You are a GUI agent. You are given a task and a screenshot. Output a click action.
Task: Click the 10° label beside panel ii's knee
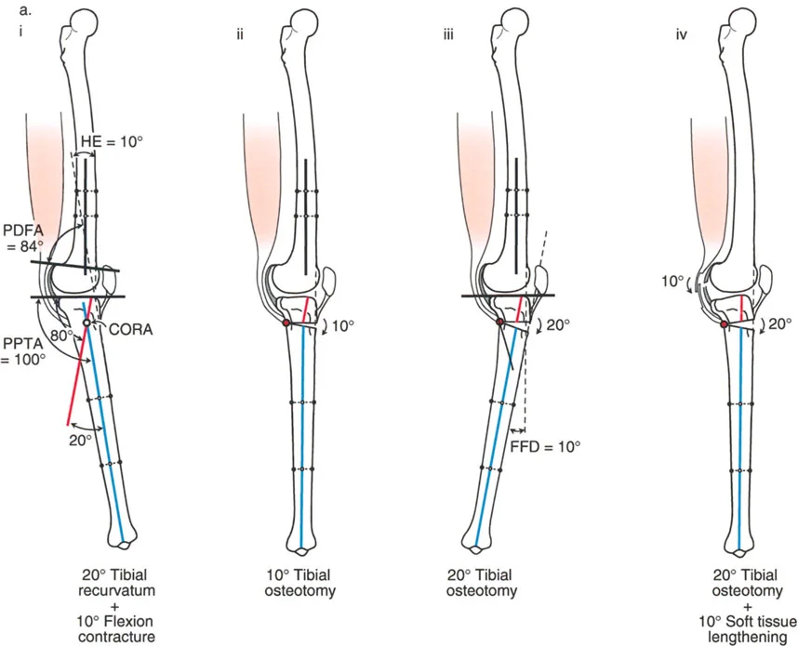pyautogui.click(x=343, y=327)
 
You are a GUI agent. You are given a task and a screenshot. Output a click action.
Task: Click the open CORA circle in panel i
pyautogui.click(x=86, y=323)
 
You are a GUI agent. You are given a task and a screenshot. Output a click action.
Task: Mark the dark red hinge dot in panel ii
pyautogui.click(x=286, y=323)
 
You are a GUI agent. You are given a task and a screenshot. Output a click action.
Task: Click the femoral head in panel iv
pyautogui.click(x=738, y=20)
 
